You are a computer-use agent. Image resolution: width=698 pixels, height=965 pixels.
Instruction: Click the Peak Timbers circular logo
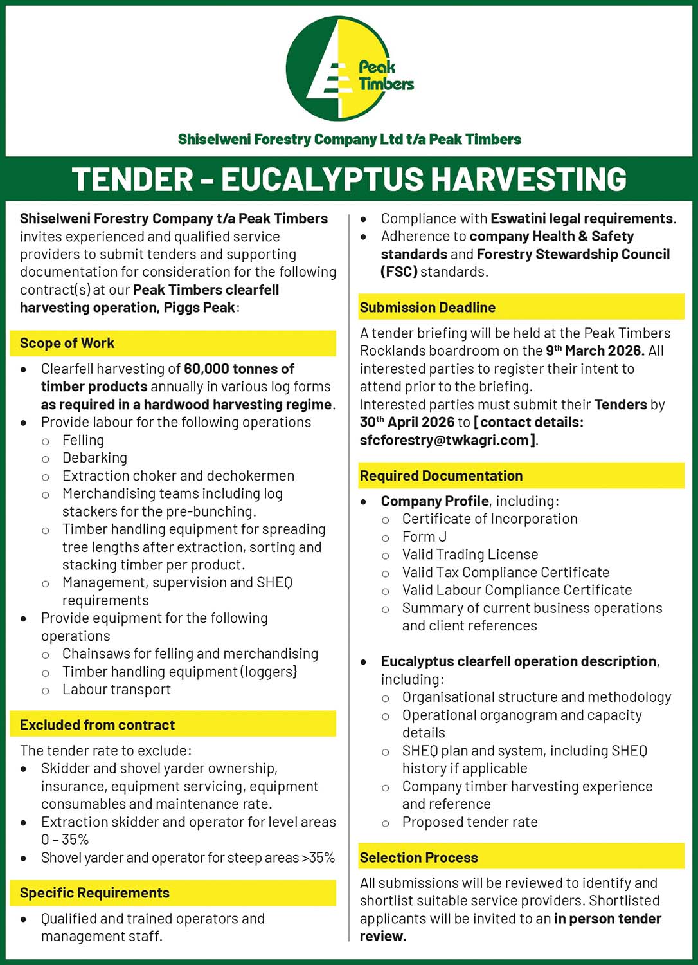pyautogui.click(x=349, y=69)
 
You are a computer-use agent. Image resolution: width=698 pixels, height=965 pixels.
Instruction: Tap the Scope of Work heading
pyautogui.click(x=67, y=344)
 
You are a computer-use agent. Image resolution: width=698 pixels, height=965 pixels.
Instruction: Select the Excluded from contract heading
pyautogui.click(x=97, y=725)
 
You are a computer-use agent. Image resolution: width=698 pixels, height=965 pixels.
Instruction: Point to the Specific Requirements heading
pyautogui.click(x=94, y=893)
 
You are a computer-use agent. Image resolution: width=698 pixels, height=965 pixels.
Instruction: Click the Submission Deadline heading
pyautogui.click(x=427, y=308)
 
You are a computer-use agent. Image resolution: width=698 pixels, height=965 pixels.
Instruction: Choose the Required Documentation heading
pyautogui.click(x=441, y=476)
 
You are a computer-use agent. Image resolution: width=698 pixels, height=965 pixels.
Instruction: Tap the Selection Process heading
pyautogui.click(x=418, y=858)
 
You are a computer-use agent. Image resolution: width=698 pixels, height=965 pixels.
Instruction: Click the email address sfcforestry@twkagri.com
pyautogui.click(x=444, y=441)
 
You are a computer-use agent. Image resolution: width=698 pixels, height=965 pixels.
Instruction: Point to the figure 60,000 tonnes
pyautogui.click(x=239, y=369)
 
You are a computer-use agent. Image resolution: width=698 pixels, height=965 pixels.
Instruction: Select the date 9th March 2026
pyautogui.click(x=595, y=351)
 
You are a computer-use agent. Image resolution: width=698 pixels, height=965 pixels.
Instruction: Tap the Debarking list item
pyautogui.click(x=94, y=458)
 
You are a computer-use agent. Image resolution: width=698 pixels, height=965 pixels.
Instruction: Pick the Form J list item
pyautogui.click(x=424, y=537)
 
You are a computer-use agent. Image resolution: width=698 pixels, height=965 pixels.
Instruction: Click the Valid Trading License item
pyautogui.click(x=470, y=555)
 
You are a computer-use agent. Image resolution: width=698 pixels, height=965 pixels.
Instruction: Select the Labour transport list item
pyautogui.click(x=116, y=690)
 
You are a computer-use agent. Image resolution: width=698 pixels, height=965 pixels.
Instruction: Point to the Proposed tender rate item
pyautogui.click(x=470, y=822)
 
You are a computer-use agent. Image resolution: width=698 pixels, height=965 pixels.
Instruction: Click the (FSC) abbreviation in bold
pyautogui.click(x=399, y=272)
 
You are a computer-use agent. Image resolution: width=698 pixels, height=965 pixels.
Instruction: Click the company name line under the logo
pyautogui.click(x=349, y=140)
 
